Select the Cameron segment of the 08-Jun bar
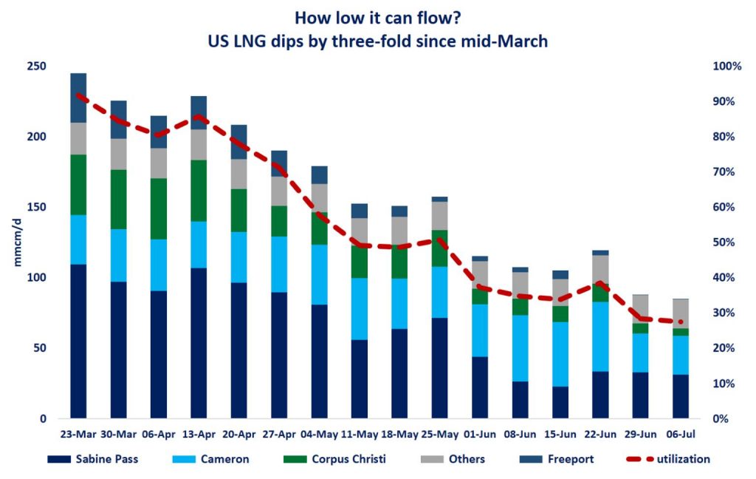tap(520, 348)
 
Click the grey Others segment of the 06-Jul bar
tap(681, 313)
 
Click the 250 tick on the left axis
tap(37, 67)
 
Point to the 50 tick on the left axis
tap(40, 348)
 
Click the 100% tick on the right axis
tap(726, 67)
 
